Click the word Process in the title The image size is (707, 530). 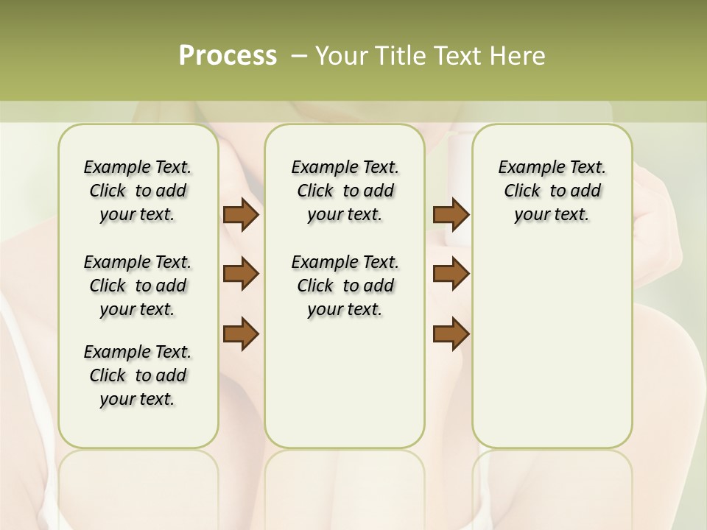pyautogui.click(x=228, y=56)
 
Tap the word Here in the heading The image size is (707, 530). pyautogui.click(x=518, y=56)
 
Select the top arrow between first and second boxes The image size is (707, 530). pyautogui.click(x=241, y=215)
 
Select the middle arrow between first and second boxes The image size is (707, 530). pyautogui.click(x=241, y=274)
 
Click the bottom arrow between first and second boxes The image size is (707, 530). pyautogui.click(x=241, y=333)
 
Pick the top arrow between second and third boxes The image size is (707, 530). pyautogui.click(x=451, y=215)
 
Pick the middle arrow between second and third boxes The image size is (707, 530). pyautogui.click(x=451, y=274)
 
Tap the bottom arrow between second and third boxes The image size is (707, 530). pyautogui.click(x=451, y=333)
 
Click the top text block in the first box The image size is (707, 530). pyautogui.click(x=138, y=191)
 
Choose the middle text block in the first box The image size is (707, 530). pyautogui.click(x=138, y=286)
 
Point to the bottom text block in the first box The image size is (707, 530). pyautogui.click(x=138, y=375)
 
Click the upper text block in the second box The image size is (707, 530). pyautogui.click(x=345, y=191)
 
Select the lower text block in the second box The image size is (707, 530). pyautogui.click(x=345, y=286)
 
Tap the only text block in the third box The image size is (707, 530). pyautogui.click(x=552, y=191)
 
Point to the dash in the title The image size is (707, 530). pyautogui.click(x=299, y=56)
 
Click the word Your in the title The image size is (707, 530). pyautogui.click(x=342, y=56)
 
